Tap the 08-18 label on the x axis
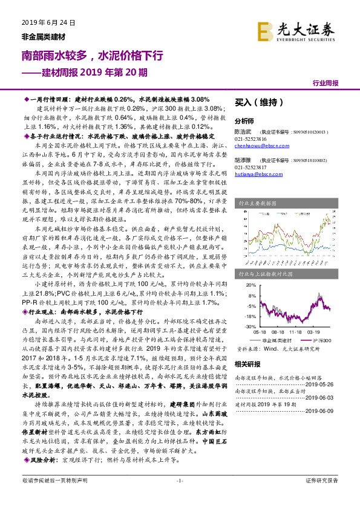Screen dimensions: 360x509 [280, 332]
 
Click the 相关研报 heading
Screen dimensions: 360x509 [246, 364]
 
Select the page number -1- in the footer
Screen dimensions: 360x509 [179, 497]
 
